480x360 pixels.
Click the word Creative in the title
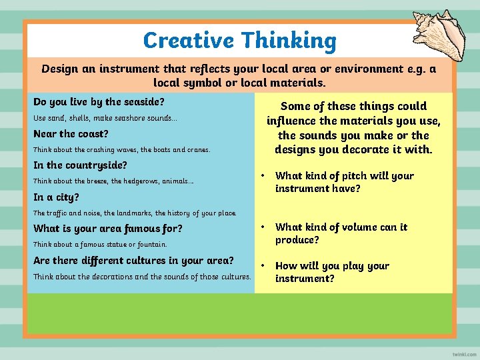pos(189,41)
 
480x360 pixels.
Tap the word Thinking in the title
pos(289,41)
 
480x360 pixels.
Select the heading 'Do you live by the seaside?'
pos(99,102)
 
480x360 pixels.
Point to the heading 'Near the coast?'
pos(71,133)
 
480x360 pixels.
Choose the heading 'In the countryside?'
pos(80,165)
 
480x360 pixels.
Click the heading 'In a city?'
pos(56,197)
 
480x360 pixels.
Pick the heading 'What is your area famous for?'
pos(108,228)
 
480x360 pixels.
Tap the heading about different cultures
pos(133,260)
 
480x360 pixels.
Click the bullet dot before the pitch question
pos(264,176)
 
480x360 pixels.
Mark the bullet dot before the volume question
pos(264,227)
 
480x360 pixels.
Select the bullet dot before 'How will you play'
pos(264,265)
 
